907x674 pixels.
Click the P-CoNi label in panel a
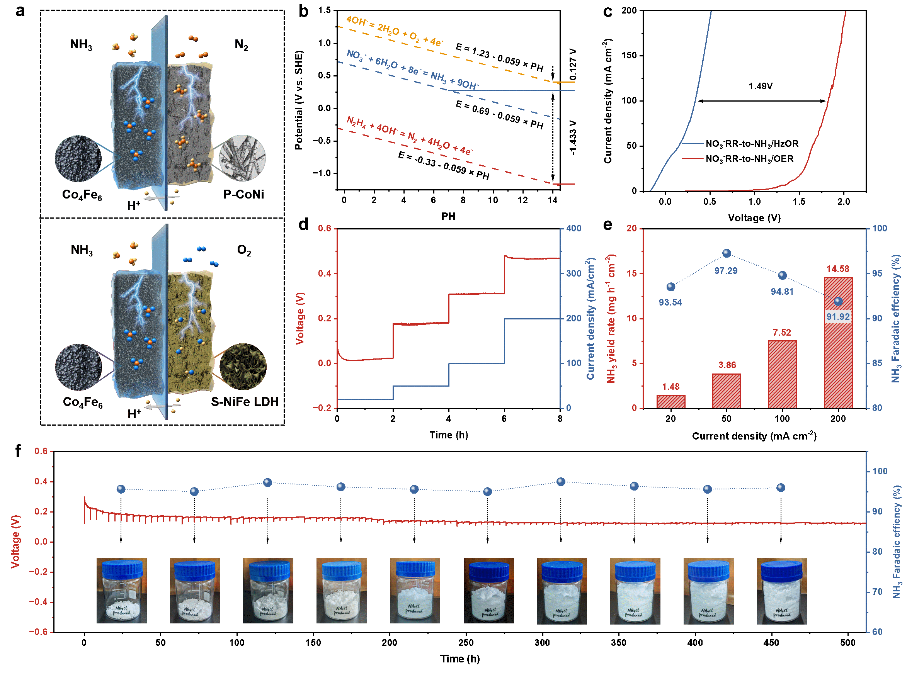(244, 194)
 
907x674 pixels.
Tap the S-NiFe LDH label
(245, 402)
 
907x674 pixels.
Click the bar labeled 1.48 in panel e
(670, 401)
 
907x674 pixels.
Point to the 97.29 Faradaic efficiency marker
(727, 253)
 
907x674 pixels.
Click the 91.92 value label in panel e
(838, 317)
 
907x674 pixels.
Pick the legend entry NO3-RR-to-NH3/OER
(749, 159)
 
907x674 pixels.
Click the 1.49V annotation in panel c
(761, 86)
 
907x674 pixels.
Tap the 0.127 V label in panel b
(573, 65)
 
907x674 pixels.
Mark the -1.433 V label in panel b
(573, 138)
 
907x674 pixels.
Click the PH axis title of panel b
(448, 216)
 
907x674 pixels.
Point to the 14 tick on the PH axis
(553, 200)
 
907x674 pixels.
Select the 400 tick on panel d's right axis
(573, 229)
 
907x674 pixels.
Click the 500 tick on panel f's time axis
(848, 643)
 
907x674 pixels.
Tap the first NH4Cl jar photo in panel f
(122, 590)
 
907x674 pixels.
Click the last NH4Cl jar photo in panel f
(782, 590)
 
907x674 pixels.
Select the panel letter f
(18, 451)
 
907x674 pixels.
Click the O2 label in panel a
(244, 250)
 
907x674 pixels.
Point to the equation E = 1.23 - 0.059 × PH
(499, 58)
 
